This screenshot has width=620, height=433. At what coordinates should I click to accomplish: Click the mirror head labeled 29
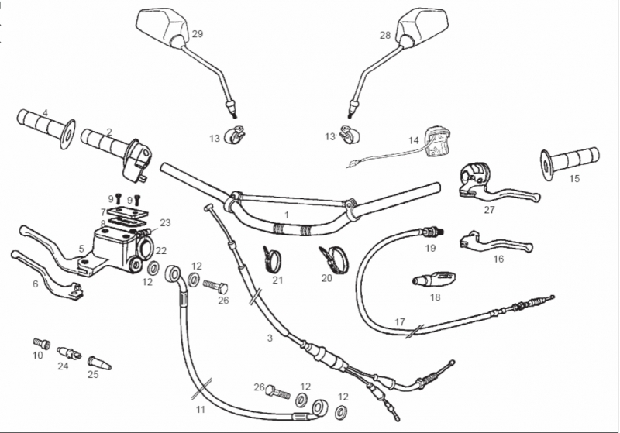click(x=164, y=26)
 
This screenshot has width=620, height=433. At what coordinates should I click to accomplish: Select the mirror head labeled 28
click(x=423, y=25)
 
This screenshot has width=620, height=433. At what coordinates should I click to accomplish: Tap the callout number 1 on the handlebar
click(x=287, y=215)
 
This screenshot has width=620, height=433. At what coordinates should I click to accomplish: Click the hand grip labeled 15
click(x=570, y=163)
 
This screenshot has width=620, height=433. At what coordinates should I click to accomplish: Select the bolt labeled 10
click(x=42, y=344)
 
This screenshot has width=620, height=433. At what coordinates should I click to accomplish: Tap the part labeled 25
click(x=99, y=363)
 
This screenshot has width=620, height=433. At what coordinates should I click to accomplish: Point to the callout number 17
click(x=400, y=322)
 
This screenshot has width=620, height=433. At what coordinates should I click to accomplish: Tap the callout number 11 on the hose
click(x=201, y=410)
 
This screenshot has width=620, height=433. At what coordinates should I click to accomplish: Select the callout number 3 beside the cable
click(x=270, y=338)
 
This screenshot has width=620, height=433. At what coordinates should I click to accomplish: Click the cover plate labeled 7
click(x=127, y=211)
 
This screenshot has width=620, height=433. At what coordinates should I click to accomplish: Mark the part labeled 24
click(x=69, y=352)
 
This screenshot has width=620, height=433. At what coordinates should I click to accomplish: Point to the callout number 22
click(x=161, y=251)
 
